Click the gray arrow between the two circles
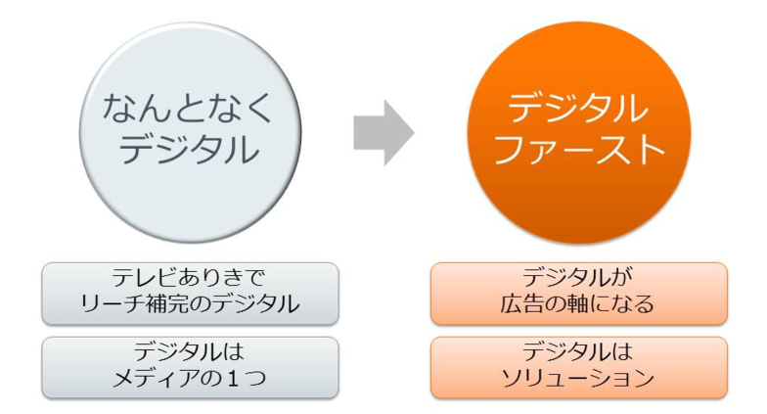click(x=383, y=133)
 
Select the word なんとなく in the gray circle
click(x=189, y=106)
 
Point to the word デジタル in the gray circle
click(x=189, y=150)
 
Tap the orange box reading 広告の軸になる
click(x=579, y=293)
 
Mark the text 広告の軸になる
click(x=579, y=305)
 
